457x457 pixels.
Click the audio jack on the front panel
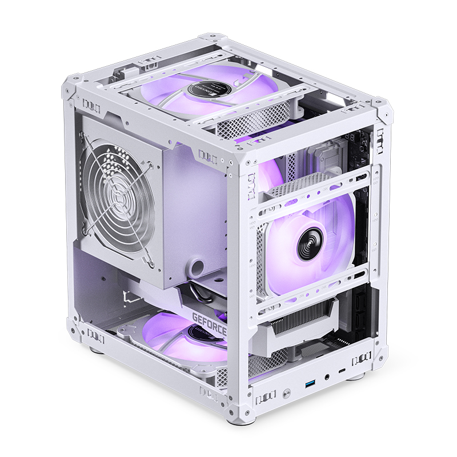(326, 376)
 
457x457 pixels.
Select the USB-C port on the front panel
(342, 372)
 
